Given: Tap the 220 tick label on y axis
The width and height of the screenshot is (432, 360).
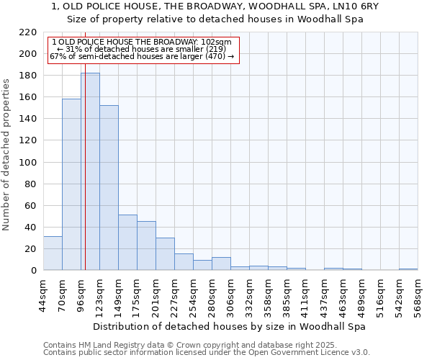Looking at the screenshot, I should (27, 32).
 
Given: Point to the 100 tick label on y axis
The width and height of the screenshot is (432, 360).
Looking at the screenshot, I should (27, 163).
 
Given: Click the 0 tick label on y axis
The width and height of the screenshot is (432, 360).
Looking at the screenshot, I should (33, 271).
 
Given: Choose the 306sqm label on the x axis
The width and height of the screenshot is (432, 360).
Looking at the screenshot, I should (230, 296).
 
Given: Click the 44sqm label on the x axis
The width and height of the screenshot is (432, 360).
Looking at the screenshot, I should (43, 296).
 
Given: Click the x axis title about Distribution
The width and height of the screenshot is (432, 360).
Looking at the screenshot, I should (230, 326).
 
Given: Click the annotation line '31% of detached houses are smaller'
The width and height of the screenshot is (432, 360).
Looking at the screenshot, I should (142, 49).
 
